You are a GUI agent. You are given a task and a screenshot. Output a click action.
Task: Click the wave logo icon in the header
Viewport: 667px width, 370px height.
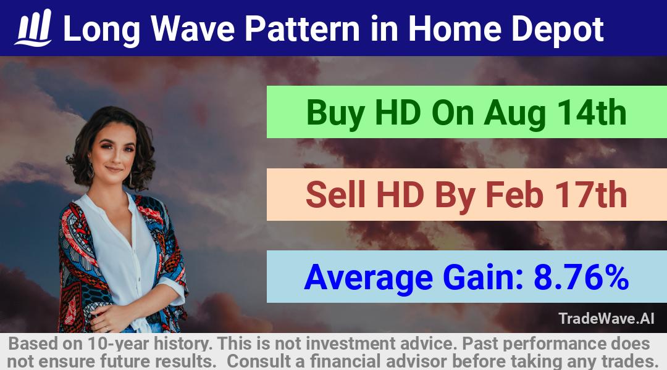coord(33,28)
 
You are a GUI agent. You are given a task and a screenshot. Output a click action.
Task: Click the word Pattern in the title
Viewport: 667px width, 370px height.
coord(302,29)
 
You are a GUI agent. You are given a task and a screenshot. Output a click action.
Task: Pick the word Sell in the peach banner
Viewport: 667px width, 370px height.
coord(335,195)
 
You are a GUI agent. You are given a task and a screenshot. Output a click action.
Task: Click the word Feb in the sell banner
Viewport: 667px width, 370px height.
coord(514,195)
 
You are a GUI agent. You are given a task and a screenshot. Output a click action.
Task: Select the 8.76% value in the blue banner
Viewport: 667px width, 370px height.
coord(581,277)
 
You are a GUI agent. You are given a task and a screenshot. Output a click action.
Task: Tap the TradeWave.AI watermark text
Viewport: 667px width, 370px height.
coord(606,319)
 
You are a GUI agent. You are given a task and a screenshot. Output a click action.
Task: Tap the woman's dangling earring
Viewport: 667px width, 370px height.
coord(91,171)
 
